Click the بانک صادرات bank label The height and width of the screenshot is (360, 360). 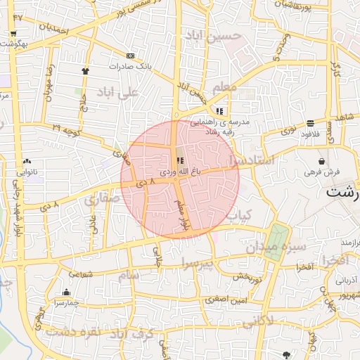(x=129, y=65)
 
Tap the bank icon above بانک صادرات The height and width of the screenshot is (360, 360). (x=130, y=56)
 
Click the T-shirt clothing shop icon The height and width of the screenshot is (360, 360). (x=86, y=70)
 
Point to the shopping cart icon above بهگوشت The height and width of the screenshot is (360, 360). (x=13, y=34)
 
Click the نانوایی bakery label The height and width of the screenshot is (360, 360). (x=27, y=171)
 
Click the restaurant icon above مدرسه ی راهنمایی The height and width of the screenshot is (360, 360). (x=219, y=111)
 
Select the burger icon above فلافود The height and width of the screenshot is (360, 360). (x=310, y=122)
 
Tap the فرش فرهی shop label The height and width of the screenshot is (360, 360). (x=323, y=171)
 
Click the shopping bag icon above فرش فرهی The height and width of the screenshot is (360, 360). (x=321, y=161)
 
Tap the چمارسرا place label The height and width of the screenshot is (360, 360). (x=66, y=303)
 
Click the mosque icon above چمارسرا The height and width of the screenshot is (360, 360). (x=67, y=292)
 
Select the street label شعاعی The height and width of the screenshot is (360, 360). (x=80, y=274)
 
